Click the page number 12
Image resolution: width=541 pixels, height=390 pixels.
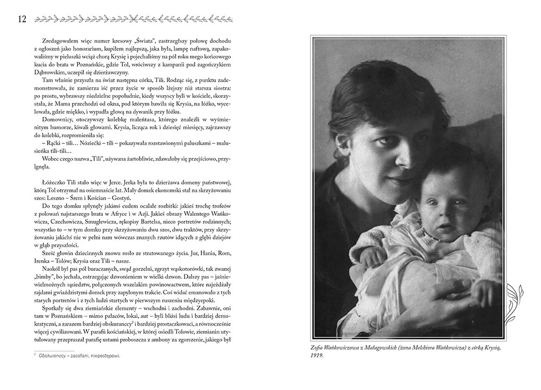coord(22,19)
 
